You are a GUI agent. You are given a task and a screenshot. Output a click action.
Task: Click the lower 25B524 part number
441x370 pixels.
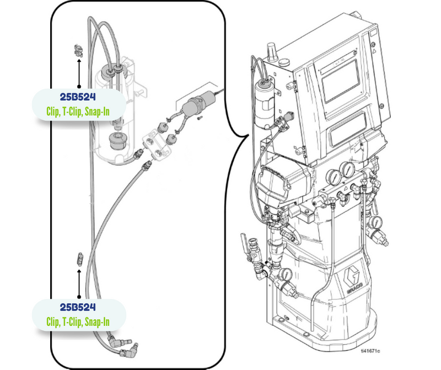78,307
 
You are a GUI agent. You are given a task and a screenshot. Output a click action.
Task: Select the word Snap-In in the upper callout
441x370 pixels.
97,111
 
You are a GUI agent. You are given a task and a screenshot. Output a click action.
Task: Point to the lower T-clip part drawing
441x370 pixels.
79,259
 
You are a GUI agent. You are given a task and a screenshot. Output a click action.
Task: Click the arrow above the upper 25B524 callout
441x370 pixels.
78,72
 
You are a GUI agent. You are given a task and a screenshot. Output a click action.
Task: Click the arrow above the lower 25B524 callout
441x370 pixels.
79,282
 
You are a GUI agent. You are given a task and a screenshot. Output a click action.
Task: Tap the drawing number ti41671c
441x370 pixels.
370,351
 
